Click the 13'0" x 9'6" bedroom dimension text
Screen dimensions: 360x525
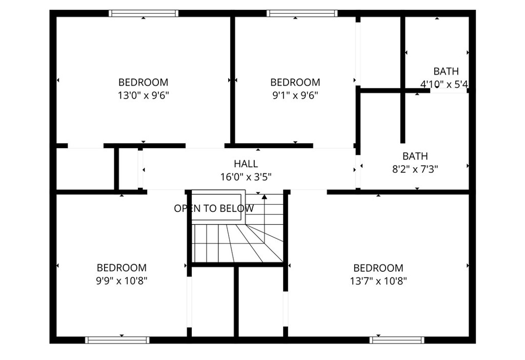[x=143, y=95]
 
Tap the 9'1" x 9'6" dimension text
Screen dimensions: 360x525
[x=295, y=95]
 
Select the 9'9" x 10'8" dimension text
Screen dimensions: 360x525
[x=122, y=281]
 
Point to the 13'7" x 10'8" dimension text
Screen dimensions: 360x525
[x=378, y=281]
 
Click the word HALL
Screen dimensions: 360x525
[x=246, y=164]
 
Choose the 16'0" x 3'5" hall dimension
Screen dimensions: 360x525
[x=246, y=177]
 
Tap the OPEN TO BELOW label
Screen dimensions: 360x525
[x=214, y=209]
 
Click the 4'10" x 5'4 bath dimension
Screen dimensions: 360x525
[x=444, y=84]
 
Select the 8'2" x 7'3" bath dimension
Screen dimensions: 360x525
[x=415, y=169]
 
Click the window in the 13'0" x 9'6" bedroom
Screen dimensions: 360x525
[x=144, y=13]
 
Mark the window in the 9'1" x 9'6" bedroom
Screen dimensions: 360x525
[x=302, y=13]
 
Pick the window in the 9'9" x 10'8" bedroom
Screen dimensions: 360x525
[x=117, y=339]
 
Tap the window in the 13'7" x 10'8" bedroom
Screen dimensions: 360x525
[x=397, y=339]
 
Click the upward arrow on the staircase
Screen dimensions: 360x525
[x=265, y=196]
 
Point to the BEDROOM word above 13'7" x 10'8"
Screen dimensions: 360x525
[x=378, y=268]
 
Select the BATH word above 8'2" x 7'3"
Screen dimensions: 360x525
[x=415, y=156]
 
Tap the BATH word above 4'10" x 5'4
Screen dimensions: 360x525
[x=446, y=71]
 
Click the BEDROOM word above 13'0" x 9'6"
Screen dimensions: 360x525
[x=143, y=83]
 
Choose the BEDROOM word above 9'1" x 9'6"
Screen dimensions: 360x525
[x=295, y=83]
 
